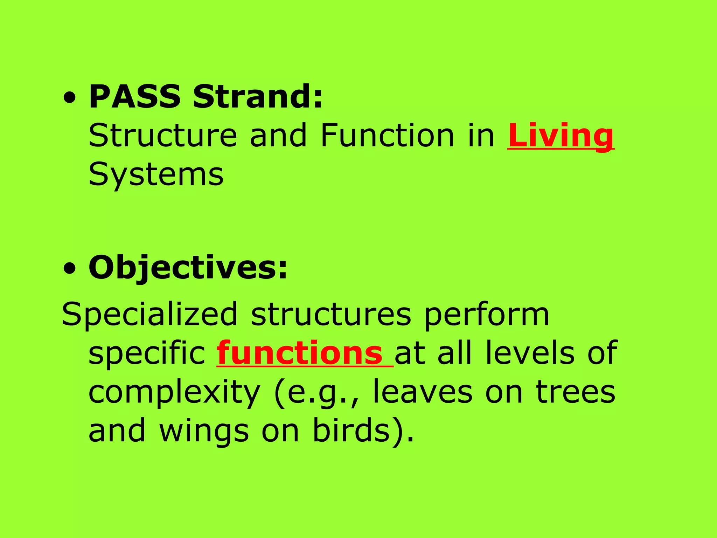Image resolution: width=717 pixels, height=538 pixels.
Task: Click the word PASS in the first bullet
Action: [135, 97]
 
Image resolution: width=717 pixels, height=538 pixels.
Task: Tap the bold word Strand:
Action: [258, 97]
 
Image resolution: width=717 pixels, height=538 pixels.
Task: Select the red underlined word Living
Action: [561, 136]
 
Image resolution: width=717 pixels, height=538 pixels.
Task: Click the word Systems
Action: [156, 174]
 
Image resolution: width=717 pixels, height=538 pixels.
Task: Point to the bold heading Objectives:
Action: [188, 268]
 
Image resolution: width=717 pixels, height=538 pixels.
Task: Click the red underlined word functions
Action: [300, 353]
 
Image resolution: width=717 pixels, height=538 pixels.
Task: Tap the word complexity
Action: [174, 392]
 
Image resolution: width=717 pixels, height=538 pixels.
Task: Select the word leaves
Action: [422, 392]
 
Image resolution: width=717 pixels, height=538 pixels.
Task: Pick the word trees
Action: [576, 392]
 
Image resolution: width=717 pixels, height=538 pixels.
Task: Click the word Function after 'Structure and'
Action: [387, 136]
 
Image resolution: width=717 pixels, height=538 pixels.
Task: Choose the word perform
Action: [487, 315]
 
